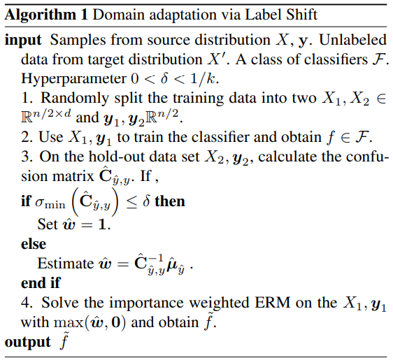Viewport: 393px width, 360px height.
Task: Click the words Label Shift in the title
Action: (280, 15)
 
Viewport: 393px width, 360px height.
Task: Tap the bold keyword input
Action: (23, 41)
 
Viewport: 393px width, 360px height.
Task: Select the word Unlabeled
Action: (352, 40)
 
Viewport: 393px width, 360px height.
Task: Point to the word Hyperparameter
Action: (74, 79)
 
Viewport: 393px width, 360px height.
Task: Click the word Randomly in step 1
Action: (75, 98)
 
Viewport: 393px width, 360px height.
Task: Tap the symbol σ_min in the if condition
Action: (50, 203)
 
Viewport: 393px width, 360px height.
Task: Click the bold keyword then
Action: (170, 201)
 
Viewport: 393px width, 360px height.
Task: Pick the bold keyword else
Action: (34, 244)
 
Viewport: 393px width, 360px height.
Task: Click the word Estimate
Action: (66, 264)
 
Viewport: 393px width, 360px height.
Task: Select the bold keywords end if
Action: (41, 283)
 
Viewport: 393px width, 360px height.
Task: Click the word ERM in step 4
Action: (272, 303)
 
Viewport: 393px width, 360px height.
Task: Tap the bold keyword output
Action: (27, 343)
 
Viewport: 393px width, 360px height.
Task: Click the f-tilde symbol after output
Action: (64, 340)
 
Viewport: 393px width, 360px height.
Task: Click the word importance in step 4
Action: (147, 303)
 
